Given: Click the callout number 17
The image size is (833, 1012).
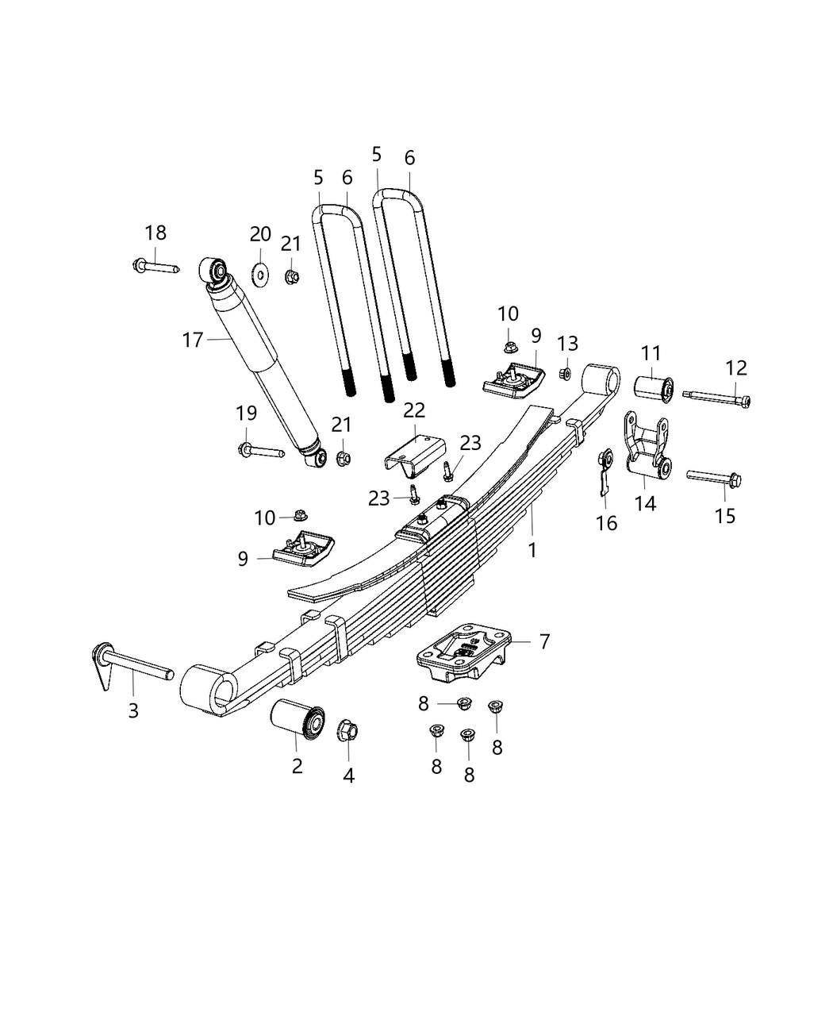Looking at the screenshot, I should coord(193,341).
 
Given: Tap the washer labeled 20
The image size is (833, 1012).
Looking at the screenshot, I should coord(260,275).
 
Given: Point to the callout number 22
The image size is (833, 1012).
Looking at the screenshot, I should coord(414,410).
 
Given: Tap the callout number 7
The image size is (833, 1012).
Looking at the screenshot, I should coord(544,641).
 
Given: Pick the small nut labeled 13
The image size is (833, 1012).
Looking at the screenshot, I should coord(566,372).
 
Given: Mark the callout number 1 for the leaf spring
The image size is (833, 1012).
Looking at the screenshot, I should coord(532,549).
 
